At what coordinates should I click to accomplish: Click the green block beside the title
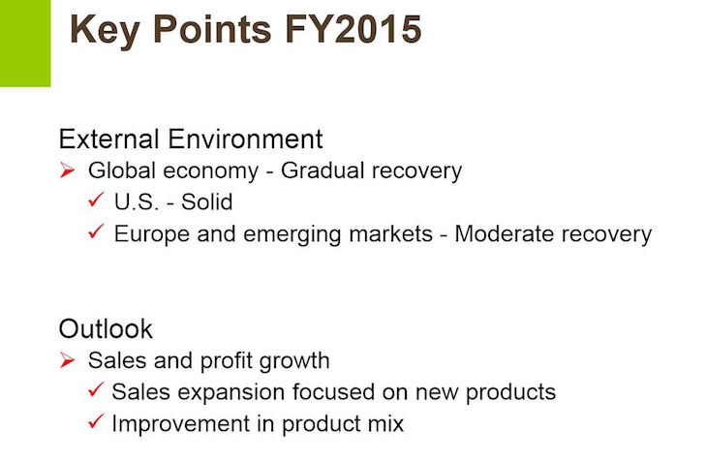[25, 44]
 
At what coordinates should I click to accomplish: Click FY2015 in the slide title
[353, 30]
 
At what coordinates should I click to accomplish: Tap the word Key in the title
[105, 32]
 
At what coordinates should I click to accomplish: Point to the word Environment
[245, 139]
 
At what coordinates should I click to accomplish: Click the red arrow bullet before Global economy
[67, 170]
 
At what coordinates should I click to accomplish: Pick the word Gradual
[323, 170]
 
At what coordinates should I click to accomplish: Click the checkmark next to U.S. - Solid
[96, 200]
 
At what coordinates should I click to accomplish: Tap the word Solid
[206, 201]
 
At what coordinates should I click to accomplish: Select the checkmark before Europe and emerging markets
[96, 232]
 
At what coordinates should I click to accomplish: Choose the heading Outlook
[106, 328]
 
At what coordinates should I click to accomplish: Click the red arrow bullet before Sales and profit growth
[67, 360]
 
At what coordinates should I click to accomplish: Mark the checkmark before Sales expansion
[96, 389]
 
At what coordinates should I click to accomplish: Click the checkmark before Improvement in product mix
[96, 421]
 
